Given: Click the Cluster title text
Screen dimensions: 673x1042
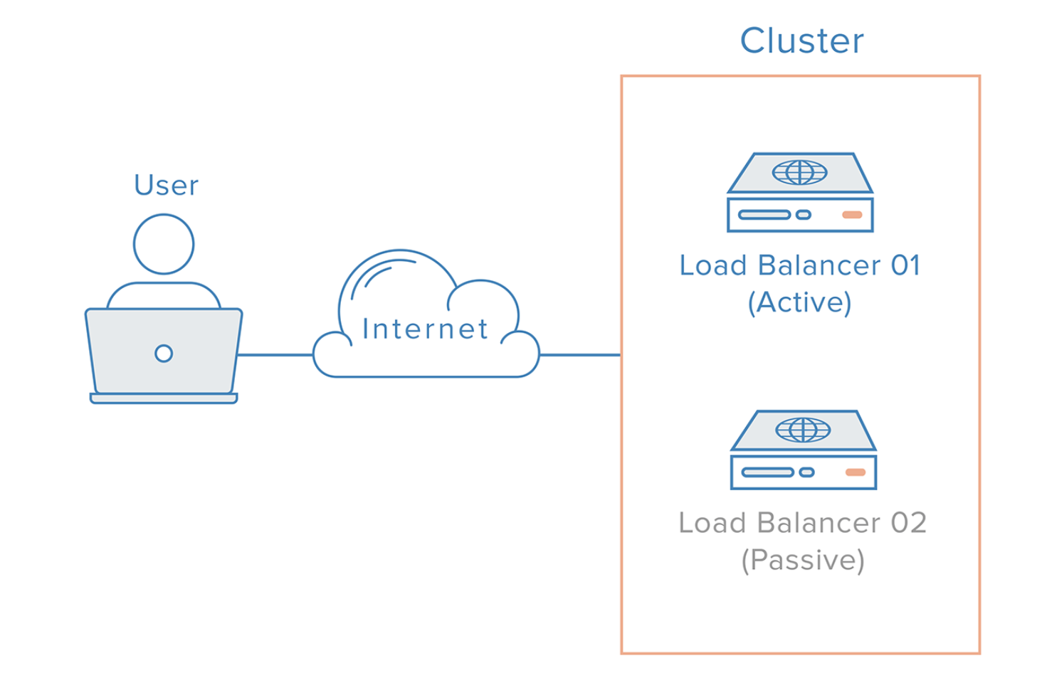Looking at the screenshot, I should [x=801, y=41].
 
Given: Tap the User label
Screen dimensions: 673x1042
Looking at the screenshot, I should [x=166, y=186].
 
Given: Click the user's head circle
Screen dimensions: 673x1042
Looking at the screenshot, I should [x=164, y=244].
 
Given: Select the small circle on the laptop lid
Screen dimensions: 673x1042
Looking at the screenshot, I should [x=164, y=353].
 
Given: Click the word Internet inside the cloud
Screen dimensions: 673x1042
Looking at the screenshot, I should [x=425, y=329].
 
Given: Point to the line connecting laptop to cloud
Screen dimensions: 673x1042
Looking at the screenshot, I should [x=275, y=354].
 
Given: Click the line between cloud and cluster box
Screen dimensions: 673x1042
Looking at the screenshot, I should [x=579, y=354].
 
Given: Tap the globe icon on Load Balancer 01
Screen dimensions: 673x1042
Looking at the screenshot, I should [x=800, y=172].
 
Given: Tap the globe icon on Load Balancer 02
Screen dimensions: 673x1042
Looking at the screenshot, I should [x=803, y=430].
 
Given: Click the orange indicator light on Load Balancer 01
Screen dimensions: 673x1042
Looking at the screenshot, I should [x=852, y=215].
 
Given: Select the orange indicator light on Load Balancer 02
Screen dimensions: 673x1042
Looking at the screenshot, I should [x=855, y=472].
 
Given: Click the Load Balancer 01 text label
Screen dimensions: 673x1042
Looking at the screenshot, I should [x=800, y=265].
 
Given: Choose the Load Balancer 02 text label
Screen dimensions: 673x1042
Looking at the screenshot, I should [x=802, y=523].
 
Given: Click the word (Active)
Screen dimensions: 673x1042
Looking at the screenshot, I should [x=800, y=303].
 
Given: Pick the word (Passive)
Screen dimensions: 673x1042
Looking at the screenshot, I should [x=803, y=561].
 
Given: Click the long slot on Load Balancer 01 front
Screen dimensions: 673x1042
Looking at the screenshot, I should [x=764, y=215].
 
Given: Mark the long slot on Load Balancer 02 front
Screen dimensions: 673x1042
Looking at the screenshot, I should [x=767, y=472].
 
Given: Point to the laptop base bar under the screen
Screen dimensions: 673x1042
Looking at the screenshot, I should [x=164, y=398].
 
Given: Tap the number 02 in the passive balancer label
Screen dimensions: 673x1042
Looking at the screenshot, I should [x=908, y=523].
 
